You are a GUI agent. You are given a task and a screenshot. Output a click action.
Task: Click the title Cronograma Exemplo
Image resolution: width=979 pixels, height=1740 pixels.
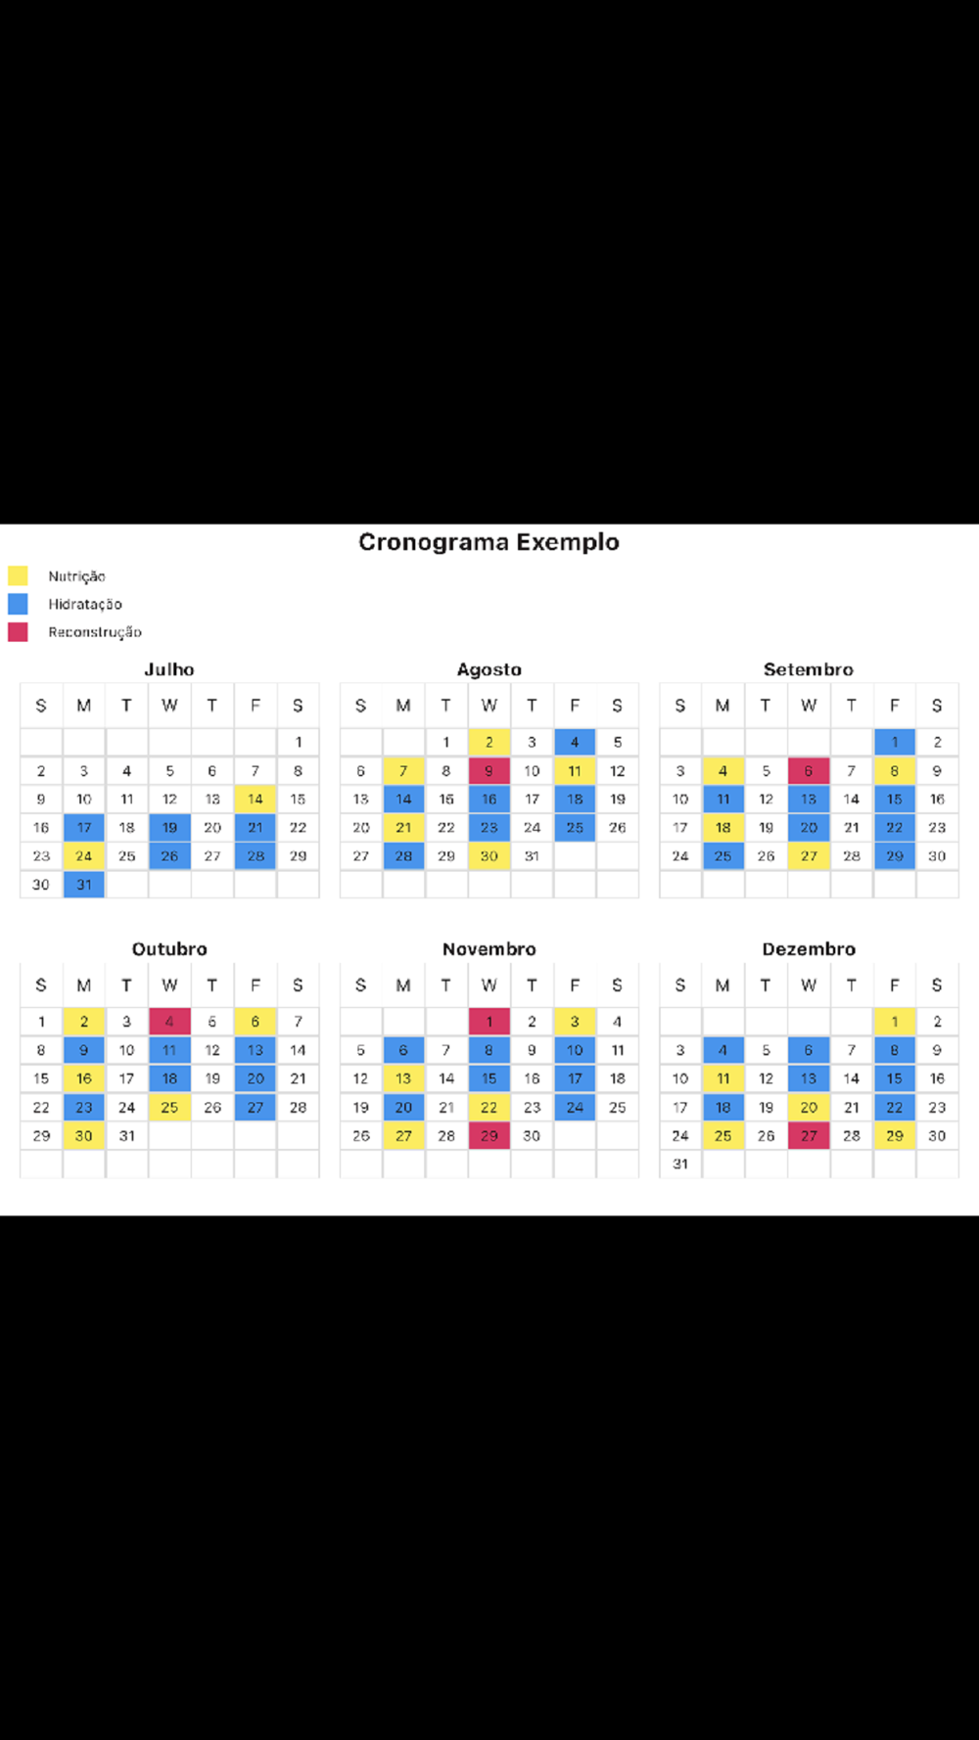pos(489,542)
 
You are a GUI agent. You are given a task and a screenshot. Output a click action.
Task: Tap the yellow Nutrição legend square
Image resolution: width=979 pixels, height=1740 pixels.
pos(18,575)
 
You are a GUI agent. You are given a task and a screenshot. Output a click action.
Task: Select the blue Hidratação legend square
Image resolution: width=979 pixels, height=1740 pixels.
pos(18,604)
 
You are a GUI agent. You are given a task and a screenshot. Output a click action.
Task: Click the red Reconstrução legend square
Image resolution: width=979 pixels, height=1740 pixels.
pos(18,632)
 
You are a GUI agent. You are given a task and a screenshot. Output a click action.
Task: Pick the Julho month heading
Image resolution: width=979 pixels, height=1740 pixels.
pos(169,669)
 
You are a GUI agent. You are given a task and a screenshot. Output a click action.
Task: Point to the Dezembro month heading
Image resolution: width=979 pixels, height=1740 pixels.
pos(809,949)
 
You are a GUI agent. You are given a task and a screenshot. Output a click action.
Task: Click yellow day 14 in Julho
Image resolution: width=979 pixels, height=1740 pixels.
pos(256,799)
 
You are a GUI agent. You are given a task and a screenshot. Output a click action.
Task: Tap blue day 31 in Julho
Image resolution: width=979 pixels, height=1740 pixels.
pos(84,884)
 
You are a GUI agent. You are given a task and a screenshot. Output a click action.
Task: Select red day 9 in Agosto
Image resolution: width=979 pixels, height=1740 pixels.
pos(489,770)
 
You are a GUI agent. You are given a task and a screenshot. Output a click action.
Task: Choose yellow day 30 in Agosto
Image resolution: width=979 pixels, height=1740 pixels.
pos(489,855)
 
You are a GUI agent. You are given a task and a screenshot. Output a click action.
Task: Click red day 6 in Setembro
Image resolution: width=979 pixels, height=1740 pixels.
pos(809,770)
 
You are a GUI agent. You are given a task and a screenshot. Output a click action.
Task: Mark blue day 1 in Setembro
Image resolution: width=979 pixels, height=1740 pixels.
pos(894,742)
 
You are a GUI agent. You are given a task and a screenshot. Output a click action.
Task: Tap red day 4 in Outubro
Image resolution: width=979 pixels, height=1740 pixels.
pos(169,1022)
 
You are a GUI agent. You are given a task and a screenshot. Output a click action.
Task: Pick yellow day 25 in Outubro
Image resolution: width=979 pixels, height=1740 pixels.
pos(169,1107)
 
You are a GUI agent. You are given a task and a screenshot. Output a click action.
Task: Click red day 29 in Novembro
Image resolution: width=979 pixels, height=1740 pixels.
pos(489,1135)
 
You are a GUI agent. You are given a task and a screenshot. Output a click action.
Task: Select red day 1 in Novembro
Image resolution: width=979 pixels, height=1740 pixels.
pos(489,1022)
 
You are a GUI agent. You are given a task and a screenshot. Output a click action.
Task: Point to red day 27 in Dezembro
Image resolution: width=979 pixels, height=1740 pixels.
pos(809,1135)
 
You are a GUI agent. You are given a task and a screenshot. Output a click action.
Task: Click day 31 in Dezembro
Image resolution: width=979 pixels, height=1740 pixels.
pos(680,1164)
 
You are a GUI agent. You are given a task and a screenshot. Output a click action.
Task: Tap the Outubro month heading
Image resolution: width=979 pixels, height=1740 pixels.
pos(169,949)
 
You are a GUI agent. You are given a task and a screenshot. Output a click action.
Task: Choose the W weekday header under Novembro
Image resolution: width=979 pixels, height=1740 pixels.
pos(489,985)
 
